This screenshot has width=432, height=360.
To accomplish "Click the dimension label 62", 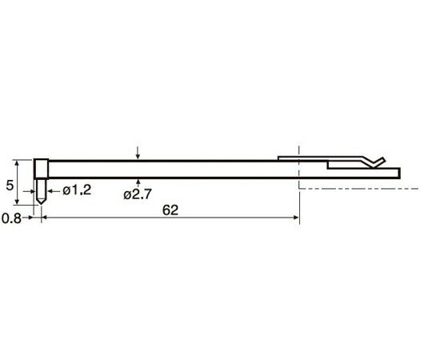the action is click(170, 210).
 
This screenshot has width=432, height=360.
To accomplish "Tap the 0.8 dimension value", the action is click(11, 218).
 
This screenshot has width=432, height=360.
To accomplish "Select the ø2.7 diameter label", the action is click(138, 194).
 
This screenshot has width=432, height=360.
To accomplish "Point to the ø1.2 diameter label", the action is click(77, 190).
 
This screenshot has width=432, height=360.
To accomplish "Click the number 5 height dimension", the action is click(10, 186).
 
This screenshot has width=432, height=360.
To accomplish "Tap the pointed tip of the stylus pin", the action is click(42, 204).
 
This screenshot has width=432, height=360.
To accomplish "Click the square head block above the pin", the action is click(42, 169).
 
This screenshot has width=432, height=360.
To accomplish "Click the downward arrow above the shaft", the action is click(138, 153).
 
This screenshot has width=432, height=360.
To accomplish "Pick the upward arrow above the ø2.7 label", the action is click(138, 183).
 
